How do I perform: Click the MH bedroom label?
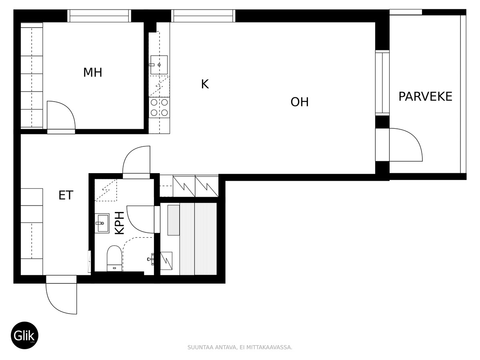coord(93,72)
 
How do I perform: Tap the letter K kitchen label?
coord(205,84)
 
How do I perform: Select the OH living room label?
coord(299,102)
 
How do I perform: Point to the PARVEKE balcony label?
coord(425,96)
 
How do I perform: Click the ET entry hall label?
coord(66,195)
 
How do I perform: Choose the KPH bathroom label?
coord(120,223)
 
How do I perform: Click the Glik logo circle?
coord(24,335)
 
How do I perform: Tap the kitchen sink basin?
coord(159,65)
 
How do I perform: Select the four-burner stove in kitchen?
coord(159,107)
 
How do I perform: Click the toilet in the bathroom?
coord(114,258)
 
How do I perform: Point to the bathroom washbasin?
coord(102,223)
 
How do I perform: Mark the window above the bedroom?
coord(99,16)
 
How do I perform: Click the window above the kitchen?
coord(203,16)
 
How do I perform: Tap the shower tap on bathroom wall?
coord(151,259)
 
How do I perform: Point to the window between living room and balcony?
coord(382,83)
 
